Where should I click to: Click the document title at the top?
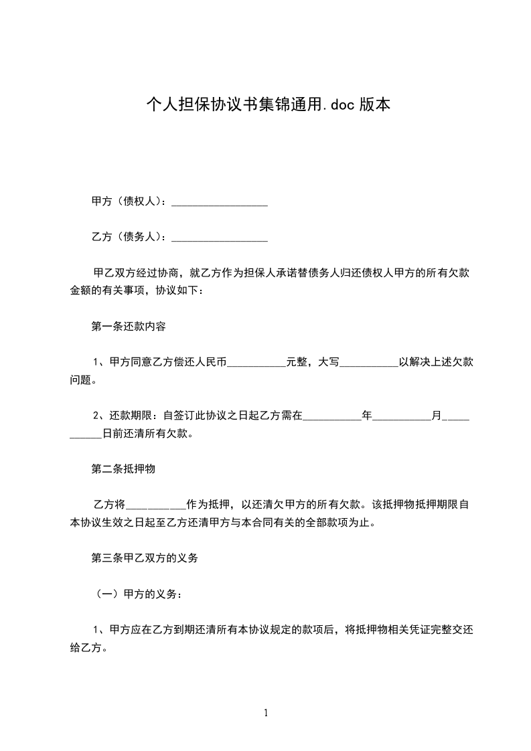(x=268, y=104)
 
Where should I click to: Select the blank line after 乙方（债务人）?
(x=220, y=238)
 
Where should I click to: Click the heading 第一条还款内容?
(x=129, y=327)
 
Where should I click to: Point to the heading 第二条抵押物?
(x=123, y=469)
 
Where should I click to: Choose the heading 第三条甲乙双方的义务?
(x=145, y=558)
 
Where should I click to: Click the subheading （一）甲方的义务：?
(x=137, y=593)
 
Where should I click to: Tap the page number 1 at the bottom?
(x=266, y=713)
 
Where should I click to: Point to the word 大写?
(x=329, y=362)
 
